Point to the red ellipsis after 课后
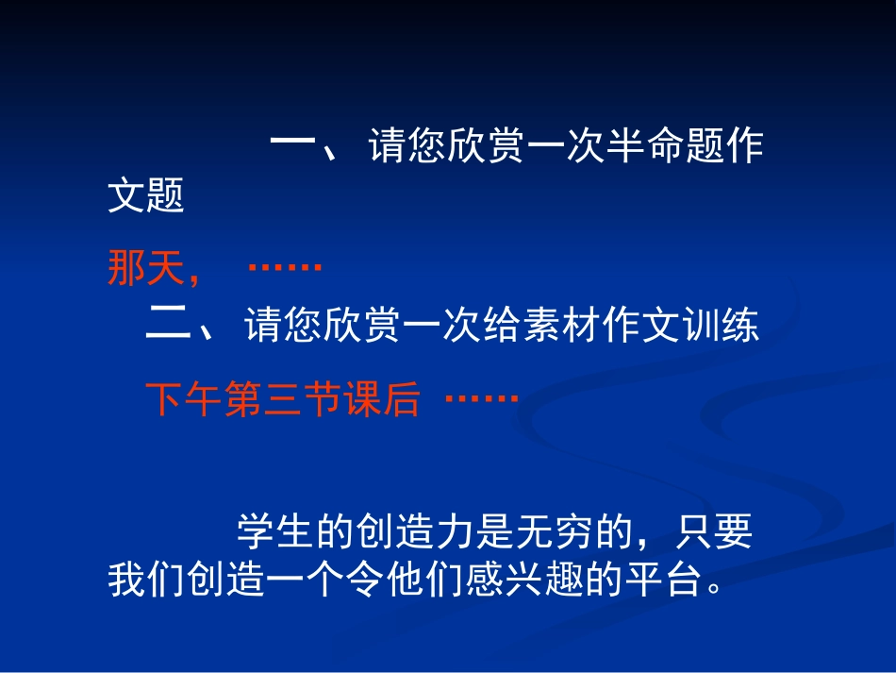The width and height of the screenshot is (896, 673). pyautogui.click(x=481, y=399)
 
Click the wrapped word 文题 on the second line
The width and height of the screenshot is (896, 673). pyautogui.click(x=146, y=196)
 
